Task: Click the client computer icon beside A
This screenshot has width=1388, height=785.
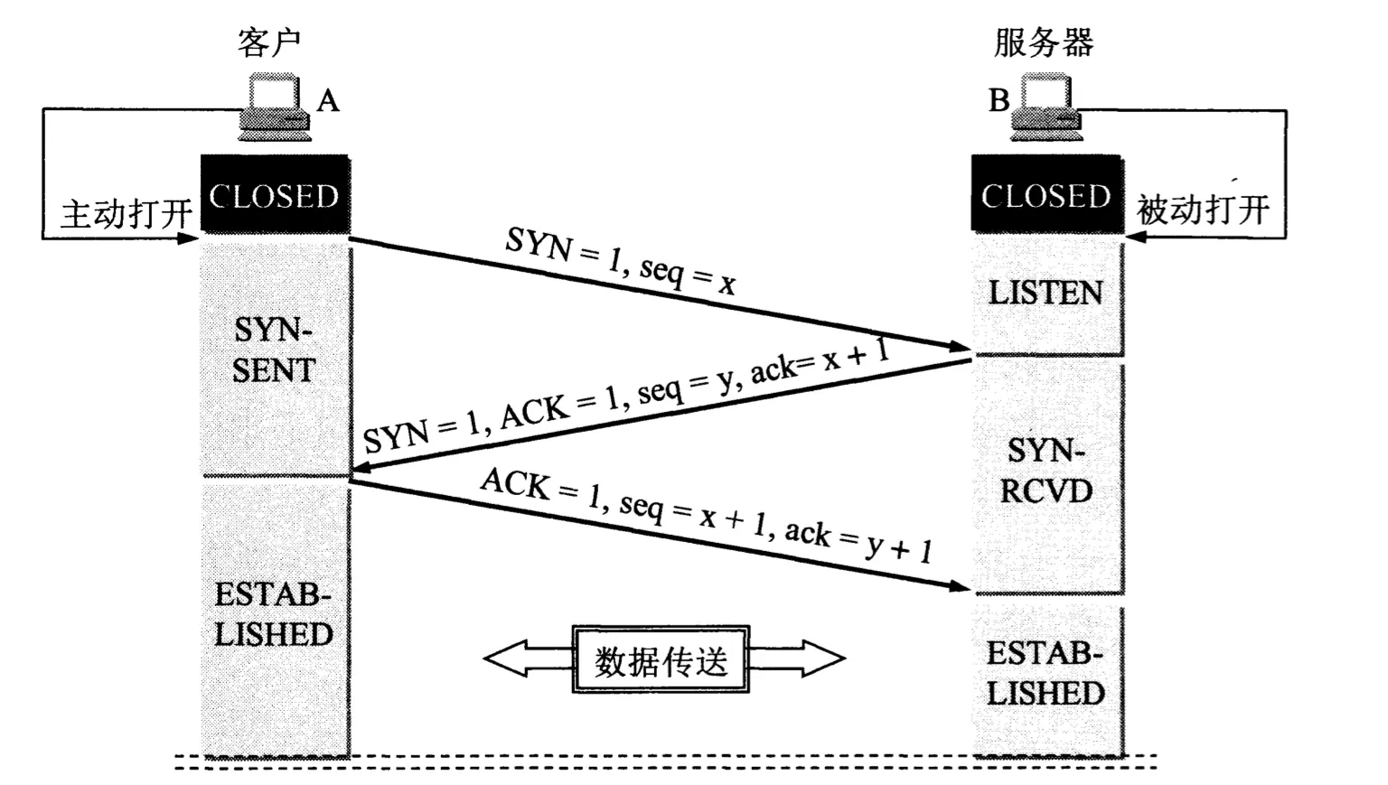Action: [x=275, y=109]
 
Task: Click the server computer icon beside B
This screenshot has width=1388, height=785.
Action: [x=1046, y=109]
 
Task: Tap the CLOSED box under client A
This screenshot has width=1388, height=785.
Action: [x=274, y=195]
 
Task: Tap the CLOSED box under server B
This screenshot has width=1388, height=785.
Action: [x=1046, y=195]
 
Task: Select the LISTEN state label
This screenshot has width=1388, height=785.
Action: [x=1046, y=293]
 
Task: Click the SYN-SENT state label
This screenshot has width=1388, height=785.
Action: [x=273, y=350]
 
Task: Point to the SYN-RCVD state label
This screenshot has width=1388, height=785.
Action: [x=1046, y=471]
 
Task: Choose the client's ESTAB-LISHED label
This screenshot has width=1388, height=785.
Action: [x=273, y=614]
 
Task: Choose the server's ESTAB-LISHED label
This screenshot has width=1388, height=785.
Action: [x=1046, y=673]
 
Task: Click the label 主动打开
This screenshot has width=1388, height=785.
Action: [x=127, y=215]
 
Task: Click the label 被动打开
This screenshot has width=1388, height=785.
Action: [x=1203, y=210]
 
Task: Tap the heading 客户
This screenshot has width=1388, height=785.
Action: [x=268, y=42]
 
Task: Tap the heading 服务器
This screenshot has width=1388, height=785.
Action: [x=1044, y=42]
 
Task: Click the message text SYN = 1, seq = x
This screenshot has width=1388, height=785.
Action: [x=620, y=260]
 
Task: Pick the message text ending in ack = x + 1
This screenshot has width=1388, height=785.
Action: [x=625, y=397]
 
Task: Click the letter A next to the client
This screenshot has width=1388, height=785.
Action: [x=328, y=100]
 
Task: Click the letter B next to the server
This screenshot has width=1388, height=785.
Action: [x=999, y=100]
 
